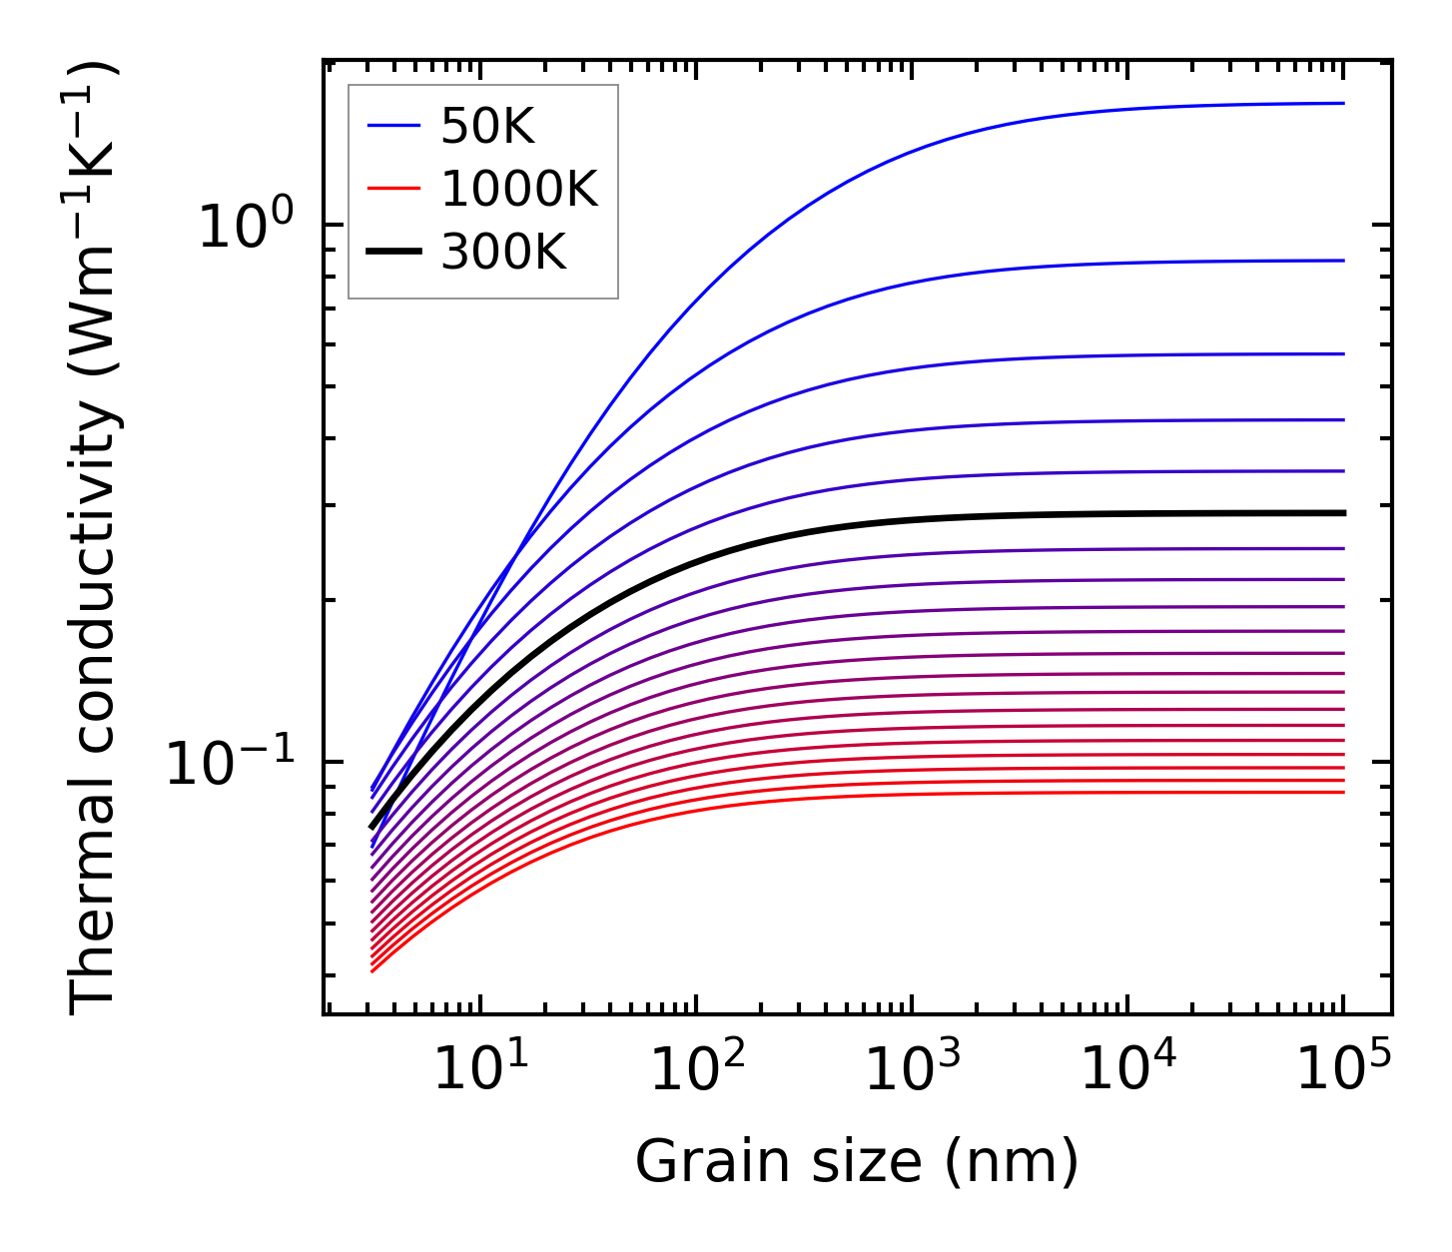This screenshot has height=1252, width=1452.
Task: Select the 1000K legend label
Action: click(x=519, y=189)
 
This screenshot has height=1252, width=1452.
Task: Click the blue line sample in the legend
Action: click(x=395, y=126)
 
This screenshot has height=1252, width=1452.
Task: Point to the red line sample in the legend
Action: click(x=395, y=189)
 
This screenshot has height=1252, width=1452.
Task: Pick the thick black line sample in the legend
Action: click(x=395, y=253)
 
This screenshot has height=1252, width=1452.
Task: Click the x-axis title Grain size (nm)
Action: click(x=857, y=1163)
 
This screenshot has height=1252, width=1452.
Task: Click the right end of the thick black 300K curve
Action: click(x=1343, y=513)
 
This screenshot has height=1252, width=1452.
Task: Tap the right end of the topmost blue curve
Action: click(x=1343, y=103)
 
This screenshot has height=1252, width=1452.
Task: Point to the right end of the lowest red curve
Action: click(x=1343, y=792)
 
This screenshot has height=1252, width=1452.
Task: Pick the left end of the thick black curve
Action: click(x=371, y=827)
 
